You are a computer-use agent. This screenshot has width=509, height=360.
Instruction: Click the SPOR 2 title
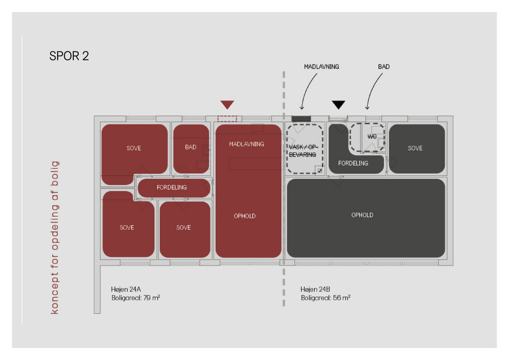69,56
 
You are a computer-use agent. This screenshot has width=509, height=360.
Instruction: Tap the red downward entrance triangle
227,105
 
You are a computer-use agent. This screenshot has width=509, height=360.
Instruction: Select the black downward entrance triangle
338,105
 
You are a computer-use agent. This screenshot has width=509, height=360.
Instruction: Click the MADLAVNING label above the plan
321,67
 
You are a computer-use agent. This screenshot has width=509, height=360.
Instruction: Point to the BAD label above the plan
384,67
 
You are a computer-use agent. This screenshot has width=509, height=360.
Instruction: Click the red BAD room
191,149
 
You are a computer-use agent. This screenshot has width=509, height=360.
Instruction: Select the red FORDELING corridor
174,188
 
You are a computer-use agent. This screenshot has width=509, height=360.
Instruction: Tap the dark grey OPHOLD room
366,218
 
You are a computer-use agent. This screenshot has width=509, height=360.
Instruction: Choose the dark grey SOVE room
417,149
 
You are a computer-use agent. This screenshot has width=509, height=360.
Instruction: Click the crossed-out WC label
372,136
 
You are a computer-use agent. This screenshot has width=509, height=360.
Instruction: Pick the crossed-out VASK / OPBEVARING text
303,151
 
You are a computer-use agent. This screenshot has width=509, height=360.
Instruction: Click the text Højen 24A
126,289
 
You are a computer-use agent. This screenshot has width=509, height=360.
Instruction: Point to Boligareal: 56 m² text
325,297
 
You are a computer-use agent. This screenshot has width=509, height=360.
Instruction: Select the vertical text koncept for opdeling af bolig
54,237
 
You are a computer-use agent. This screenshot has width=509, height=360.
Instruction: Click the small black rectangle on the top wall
301,119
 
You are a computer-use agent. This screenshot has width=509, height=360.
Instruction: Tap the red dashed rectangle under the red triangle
227,119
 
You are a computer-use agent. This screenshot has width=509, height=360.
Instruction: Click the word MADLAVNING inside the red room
247,144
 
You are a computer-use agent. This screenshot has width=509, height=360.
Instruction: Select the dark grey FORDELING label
353,163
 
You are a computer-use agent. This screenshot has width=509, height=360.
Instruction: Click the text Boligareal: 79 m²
136,297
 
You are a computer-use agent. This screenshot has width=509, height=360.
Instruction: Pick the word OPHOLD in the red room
245,216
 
